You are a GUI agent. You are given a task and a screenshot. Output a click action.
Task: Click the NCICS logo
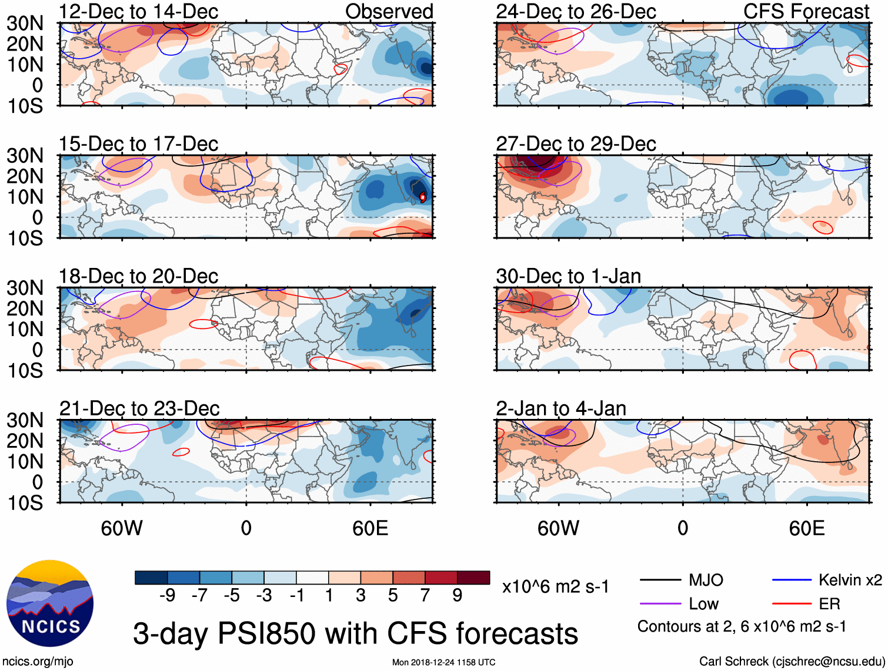click(50, 603)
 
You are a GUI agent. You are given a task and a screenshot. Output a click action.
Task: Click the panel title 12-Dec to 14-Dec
click(138, 11)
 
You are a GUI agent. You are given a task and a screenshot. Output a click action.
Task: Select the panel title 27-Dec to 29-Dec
click(576, 143)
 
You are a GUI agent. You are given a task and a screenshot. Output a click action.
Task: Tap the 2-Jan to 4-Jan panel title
click(561, 408)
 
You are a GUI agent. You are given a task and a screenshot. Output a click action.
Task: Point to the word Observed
click(389, 11)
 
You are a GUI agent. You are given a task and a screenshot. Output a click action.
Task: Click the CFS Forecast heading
click(806, 11)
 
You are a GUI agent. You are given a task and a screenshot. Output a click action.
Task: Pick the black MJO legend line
click(660, 581)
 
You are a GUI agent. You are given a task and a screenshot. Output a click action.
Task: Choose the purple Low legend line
click(660, 604)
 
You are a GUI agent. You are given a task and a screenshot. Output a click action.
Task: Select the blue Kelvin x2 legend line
click(792, 581)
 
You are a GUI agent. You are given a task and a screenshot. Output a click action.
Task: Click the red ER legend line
click(792, 604)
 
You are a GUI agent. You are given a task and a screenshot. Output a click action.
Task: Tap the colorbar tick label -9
click(167, 596)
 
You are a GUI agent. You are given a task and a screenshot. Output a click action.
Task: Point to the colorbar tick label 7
click(425, 596)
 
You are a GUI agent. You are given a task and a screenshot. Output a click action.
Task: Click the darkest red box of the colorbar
click(473, 578)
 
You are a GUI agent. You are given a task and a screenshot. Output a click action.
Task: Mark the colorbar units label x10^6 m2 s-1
click(555, 586)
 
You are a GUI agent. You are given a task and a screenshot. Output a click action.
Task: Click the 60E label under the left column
click(370, 528)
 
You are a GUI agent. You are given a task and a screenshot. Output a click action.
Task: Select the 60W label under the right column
click(558, 528)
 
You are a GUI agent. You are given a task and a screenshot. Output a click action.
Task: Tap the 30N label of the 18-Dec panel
click(25, 288)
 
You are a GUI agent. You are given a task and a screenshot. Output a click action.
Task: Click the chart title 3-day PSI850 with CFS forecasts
click(355, 633)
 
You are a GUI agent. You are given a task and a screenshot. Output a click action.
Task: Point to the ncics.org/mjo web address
click(38, 662)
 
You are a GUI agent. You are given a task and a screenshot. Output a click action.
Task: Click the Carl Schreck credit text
click(792, 662)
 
